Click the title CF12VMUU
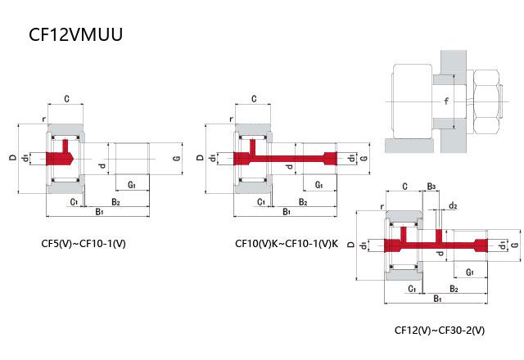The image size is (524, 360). [76, 36]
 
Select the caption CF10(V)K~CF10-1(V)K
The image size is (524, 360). [286, 243]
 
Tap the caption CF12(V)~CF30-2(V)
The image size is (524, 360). [439, 331]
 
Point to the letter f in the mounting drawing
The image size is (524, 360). [446, 101]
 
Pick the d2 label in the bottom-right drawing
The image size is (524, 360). [453, 205]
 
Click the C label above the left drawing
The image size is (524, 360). [65, 99]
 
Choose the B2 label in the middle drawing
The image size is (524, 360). [302, 201]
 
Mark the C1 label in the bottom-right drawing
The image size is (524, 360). [411, 289]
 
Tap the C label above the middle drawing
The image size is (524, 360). [255, 99]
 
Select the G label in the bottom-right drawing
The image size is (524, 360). [513, 245]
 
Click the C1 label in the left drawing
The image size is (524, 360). [73, 201]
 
